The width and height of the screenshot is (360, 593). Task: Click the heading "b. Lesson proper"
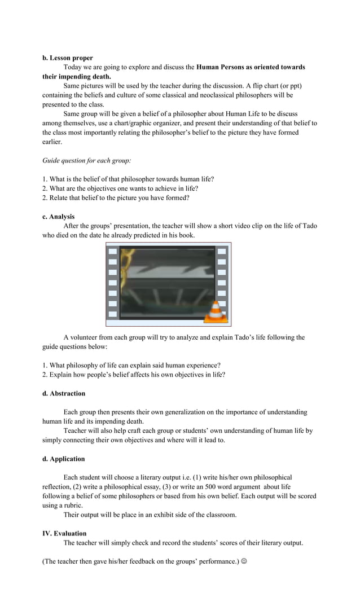point(68,58)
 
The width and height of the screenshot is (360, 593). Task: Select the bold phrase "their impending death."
point(77,76)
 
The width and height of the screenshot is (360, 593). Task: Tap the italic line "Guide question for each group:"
point(87,160)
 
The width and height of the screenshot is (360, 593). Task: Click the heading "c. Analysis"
point(58,216)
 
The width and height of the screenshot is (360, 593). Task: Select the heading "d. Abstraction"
point(64,393)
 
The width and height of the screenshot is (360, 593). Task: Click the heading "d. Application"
point(63,459)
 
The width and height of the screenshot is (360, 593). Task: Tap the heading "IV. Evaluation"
point(64,533)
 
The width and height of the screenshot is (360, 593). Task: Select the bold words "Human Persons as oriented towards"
point(251,67)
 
